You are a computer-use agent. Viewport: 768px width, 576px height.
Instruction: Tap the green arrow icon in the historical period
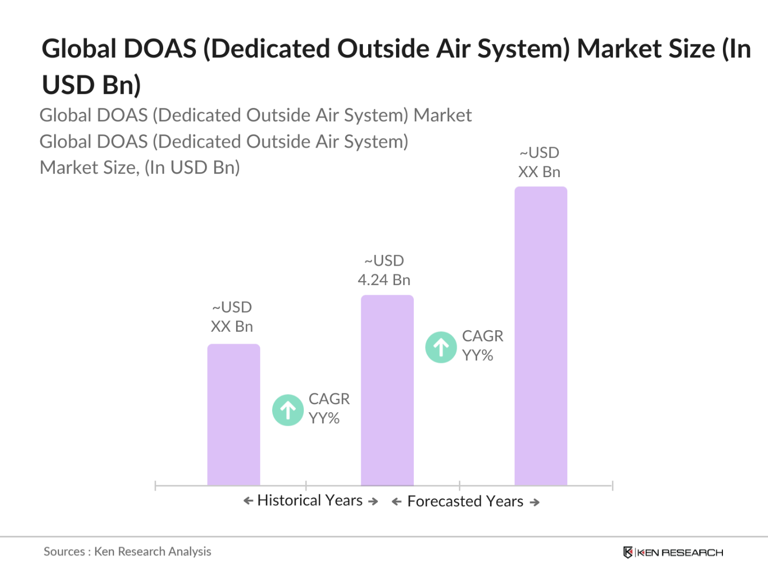[288, 410]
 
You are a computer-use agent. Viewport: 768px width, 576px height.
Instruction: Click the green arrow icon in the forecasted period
[441, 347]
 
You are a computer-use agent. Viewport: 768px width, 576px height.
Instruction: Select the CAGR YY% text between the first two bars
[328, 409]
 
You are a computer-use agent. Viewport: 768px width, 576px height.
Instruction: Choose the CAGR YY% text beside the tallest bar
[482, 346]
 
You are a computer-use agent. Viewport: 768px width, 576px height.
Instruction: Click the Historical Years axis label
[310, 500]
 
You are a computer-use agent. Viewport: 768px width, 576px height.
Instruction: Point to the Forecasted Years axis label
[465, 501]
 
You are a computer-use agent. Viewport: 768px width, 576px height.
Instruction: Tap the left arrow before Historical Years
[248, 501]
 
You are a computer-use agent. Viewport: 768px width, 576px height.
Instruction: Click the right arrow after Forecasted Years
[535, 502]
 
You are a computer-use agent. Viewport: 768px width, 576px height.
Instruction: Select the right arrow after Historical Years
[373, 501]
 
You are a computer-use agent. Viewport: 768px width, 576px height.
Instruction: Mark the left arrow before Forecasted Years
[397, 502]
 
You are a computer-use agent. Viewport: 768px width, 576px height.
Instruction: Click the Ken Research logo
[673, 552]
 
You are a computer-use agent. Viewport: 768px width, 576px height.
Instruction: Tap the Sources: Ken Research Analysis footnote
[127, 551]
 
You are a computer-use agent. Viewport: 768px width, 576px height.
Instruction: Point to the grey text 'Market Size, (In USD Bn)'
[140, 167]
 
